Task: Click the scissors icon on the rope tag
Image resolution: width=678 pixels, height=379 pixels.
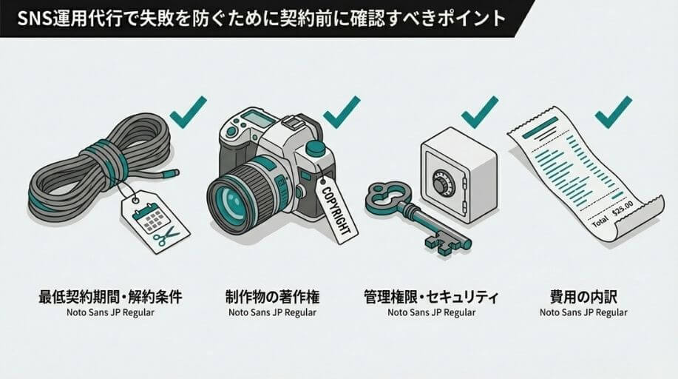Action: click(x=166, y=236)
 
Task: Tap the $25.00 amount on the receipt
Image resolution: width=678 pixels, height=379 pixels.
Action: click(x=623, y=208)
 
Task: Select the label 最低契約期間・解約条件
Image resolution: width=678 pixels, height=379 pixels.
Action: click(x=110, y=297)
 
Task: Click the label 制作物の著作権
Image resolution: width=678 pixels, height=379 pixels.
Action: click(x=272, y=297)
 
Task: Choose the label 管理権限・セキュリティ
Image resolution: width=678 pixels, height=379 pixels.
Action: click(x=432, y=297)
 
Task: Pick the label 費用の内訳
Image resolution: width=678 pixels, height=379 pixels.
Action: click(x=583, y=297)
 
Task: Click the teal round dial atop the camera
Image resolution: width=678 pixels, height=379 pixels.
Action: click(x=315, y=148)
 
